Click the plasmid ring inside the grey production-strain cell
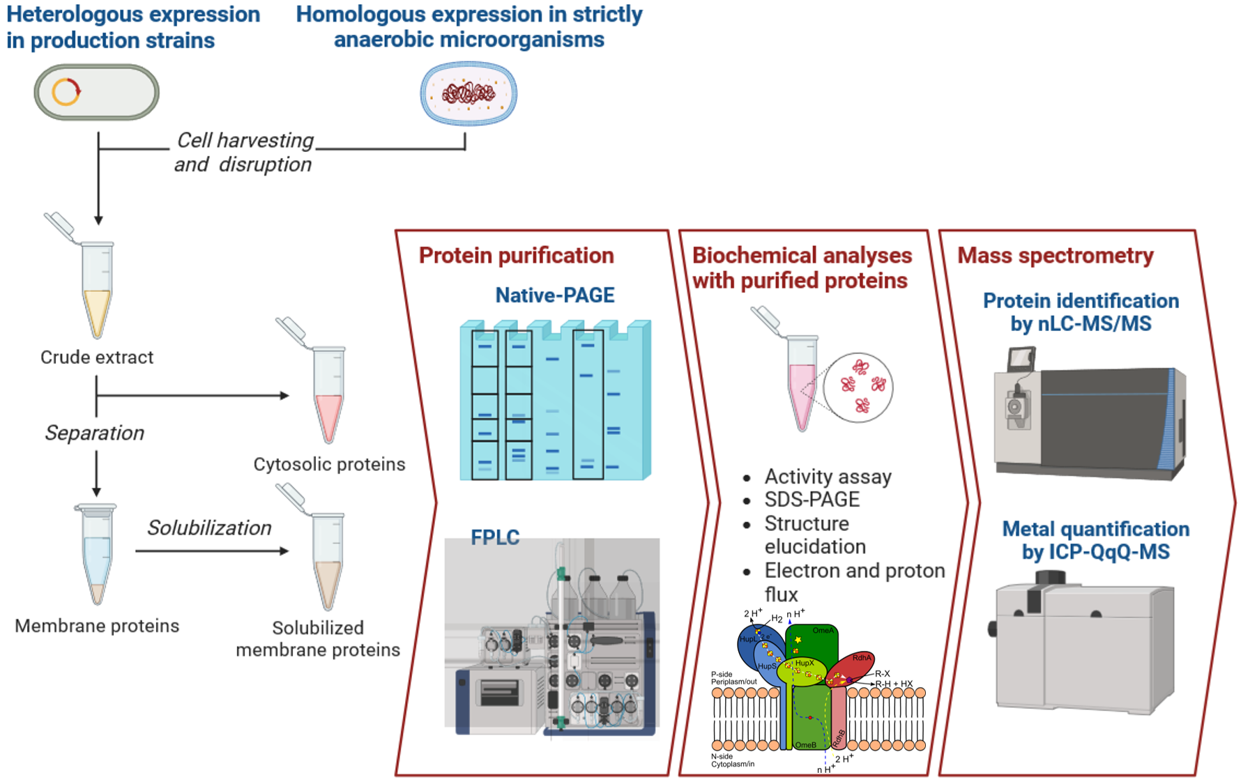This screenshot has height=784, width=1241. pos(66,92)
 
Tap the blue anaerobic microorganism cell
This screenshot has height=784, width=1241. pos(468,93)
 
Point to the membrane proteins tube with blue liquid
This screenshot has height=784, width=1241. pos(96,554)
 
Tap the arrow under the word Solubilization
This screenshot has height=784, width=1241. pos(211,551)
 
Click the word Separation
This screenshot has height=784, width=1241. pos(94,433)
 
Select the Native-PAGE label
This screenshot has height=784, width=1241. pos(554,295)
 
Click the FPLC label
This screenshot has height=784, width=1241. pos(495,537)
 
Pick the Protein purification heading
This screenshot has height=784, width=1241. pos(516,256)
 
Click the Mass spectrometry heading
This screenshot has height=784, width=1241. pos(1055,256)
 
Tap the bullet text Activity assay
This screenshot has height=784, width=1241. pos(828,477)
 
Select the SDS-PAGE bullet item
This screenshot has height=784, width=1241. pos(812,500)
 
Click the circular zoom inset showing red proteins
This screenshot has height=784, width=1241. pos(858,387)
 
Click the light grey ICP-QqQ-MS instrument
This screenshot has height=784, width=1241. pos(1084,645)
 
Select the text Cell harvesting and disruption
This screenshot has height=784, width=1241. pos(243,152)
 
